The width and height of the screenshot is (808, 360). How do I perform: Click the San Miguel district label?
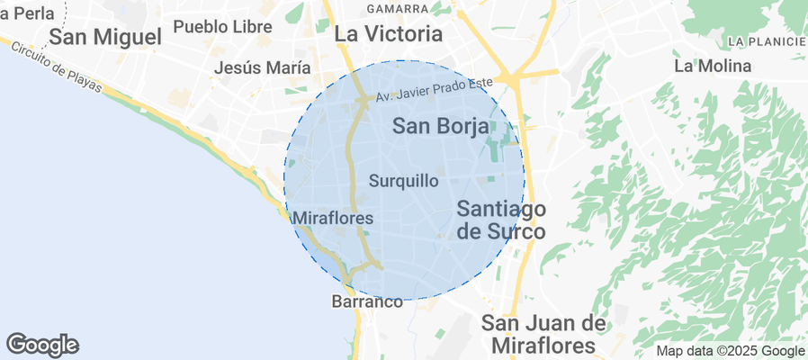105,37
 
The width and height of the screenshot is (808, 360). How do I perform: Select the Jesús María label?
263,67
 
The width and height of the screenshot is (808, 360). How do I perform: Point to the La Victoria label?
389,34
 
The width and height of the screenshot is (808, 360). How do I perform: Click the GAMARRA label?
398,9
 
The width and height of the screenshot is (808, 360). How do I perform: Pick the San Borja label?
440,127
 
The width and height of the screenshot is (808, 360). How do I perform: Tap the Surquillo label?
404,181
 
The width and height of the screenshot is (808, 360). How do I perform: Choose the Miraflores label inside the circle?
333,218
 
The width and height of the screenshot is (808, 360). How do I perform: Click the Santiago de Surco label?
501,220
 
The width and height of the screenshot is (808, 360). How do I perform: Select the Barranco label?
367,302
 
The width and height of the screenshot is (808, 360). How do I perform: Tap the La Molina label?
712,66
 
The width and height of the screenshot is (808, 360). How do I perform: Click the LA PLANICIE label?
767,41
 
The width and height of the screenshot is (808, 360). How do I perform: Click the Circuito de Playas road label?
52,68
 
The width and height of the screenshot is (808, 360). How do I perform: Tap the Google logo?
42,344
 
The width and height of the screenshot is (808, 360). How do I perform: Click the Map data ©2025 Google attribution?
730,351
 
